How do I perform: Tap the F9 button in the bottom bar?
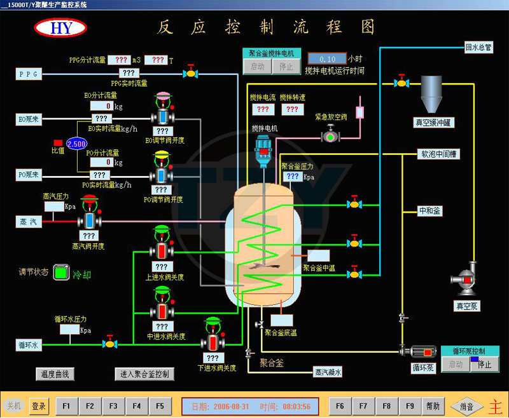point(410,405)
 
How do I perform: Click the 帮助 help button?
point(433,405)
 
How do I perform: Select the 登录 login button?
point(39,406)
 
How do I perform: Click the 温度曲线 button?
point(55,374)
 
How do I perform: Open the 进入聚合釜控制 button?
point(144,374)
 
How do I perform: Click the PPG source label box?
point(29,74)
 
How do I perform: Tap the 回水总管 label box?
point(478,48)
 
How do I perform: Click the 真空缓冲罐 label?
point(435,123)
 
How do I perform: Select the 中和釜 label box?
point(429,210)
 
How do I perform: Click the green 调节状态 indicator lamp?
point(61,273)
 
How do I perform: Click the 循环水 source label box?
point(29,345)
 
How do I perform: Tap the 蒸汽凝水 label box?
point(328,372)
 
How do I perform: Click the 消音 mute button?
point(466,406)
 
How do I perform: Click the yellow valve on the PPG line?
point(190,74)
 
